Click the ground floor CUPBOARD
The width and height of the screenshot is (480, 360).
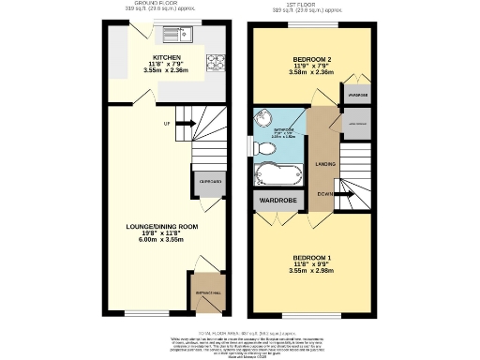tap(210, 181)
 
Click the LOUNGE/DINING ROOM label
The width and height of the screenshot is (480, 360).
tap(162, 226)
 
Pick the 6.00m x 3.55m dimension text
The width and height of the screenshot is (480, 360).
tap(162, 240)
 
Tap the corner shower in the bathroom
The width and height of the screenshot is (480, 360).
tap(265, 123)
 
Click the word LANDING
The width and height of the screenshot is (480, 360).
tap(325, 165)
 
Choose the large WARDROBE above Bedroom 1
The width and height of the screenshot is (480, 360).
tap(272, 199)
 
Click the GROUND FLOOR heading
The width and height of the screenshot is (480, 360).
tap(156, 4)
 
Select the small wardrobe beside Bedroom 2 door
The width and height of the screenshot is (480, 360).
tap(358, 96)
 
